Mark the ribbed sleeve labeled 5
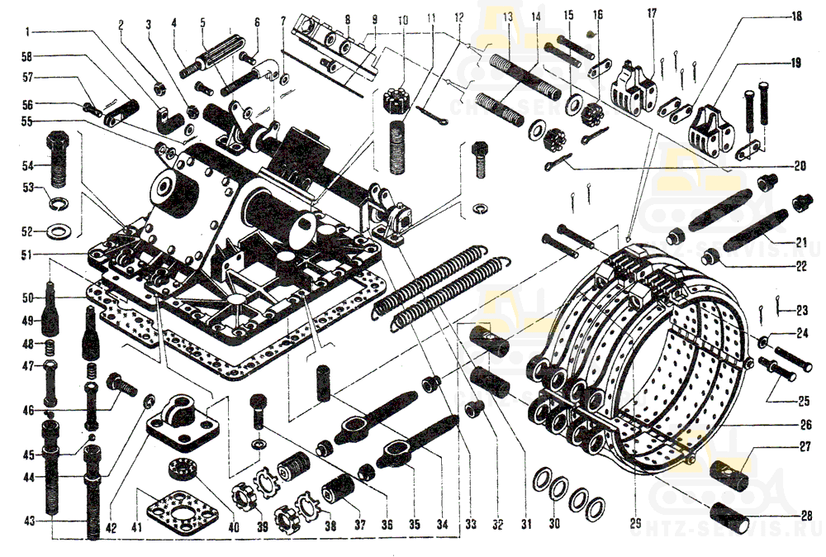click(x=222, y=60)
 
